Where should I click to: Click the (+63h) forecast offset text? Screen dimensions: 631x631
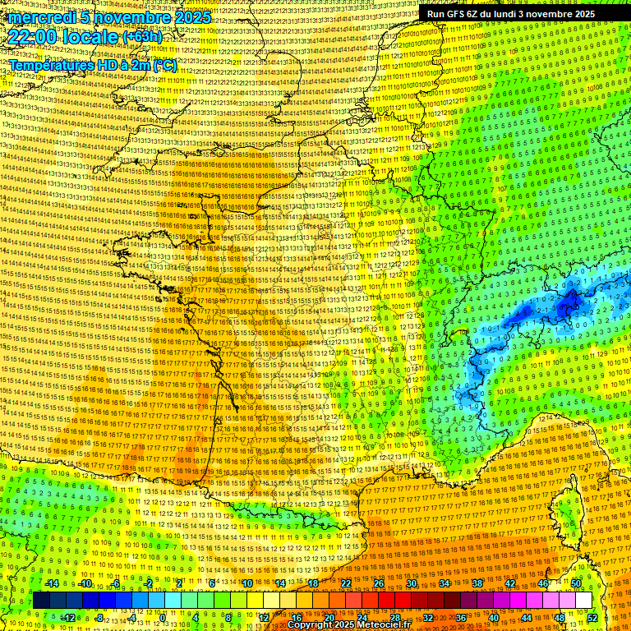pyautogui.click(x=143, y=37)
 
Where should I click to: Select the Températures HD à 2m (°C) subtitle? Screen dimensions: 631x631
pyautogui.click(x=93, y=65)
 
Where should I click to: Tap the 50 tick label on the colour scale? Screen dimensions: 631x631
pyautogui.click(x=576, y=583)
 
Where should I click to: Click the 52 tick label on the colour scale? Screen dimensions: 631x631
pyautogui.click(x=592, y=617)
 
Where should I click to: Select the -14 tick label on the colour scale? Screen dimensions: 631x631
pyautogui.click(x=51, y=583)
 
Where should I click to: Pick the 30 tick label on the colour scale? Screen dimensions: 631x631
pyautogui.click(x=412, y=583)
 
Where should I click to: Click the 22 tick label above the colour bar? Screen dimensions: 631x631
pyautogui.click(x=346, y=583)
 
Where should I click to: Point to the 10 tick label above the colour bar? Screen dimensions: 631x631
pyautogui.click(x=247, y=583)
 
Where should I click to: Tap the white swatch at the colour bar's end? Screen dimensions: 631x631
pyautogui.click(x=583, y=601)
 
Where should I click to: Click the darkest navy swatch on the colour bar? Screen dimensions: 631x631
pyautogui.click(x=42, y=601)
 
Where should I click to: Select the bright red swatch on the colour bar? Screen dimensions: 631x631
pyautogui.click(x=387, y=601)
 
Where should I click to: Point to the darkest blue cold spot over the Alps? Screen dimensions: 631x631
pyautogui.click(x=567, y=305)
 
